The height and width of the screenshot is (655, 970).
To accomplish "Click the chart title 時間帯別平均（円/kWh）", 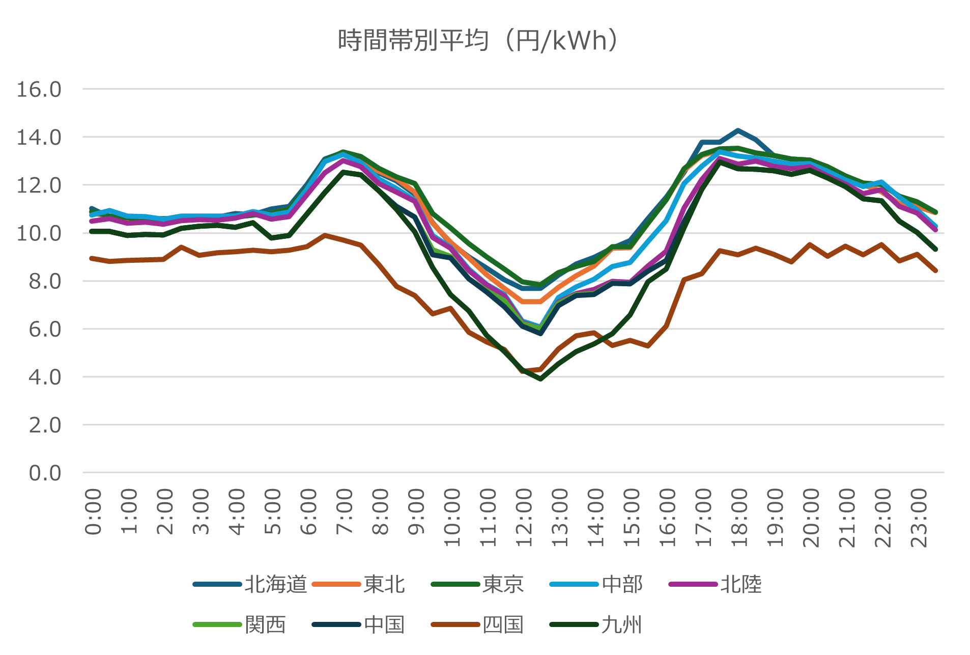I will pyautogui.click(x=478, y=41).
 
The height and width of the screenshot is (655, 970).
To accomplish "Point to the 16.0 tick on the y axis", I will pyautogui.click(x=39, y=90).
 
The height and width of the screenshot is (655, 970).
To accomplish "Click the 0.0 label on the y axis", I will pyautogui.click(x=45, y=473).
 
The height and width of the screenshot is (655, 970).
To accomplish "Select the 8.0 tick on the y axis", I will pyautogui.click(x=45, y=281).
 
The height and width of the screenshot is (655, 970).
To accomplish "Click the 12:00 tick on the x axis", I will pyautogui.click(x=524, y=517).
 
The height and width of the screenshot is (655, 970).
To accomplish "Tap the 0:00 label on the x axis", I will pyautogui.click(x=93, y=511).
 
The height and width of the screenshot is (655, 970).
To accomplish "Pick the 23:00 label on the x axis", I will pyautogui.click(x=919, y=517).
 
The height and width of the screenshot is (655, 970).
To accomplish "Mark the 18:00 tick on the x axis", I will pyautogui.click(x=739, y=517).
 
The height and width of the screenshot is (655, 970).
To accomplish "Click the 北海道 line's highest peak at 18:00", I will pyautogui.click(x=738, y=130).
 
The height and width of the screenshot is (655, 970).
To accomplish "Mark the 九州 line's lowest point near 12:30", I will pyautogui.click(x=540, y=379).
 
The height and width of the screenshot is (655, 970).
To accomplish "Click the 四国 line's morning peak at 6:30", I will pyautogui.click(x=325, y=235).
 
